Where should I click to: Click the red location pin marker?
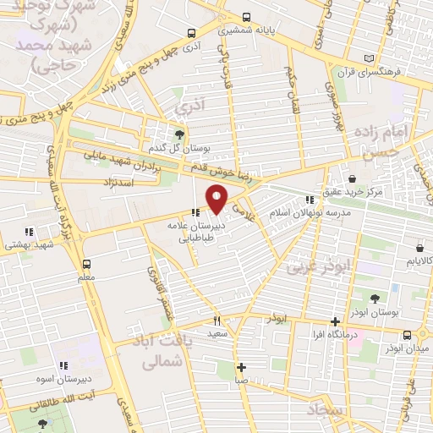pos(218,198)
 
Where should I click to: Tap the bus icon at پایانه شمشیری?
pos(246,17)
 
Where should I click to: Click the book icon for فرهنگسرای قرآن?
pos(367,58)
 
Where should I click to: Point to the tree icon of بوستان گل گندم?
pos(178,134)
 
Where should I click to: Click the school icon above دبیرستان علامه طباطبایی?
pos(195,213)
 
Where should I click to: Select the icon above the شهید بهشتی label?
pos(29,231)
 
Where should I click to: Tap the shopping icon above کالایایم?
pos(420,248)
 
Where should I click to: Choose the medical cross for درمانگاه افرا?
pos(336,321)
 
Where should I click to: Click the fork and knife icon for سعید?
pos(217,321)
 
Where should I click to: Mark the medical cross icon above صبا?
pos(242,367)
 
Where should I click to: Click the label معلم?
pos(85,277)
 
